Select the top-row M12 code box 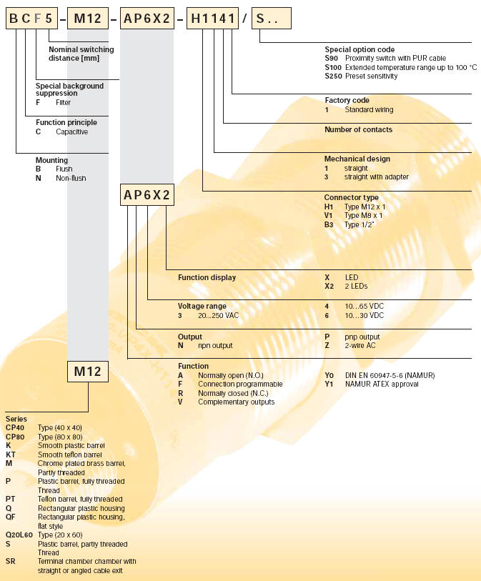coord(87,19)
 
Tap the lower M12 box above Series coord(88,372)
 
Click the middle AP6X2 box coord(147,195)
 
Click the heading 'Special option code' coord(359,50)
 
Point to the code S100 coord(333,67)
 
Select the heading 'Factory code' coord(347,101)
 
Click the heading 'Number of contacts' coord(358,129)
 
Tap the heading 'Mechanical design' coord(357,159)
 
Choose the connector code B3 coord(329,224)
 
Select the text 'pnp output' coord(362,337)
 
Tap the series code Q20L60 coord(19,535)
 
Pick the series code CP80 coord(15,436)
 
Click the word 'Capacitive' coord(71,131)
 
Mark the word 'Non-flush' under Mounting coord(71,178)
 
